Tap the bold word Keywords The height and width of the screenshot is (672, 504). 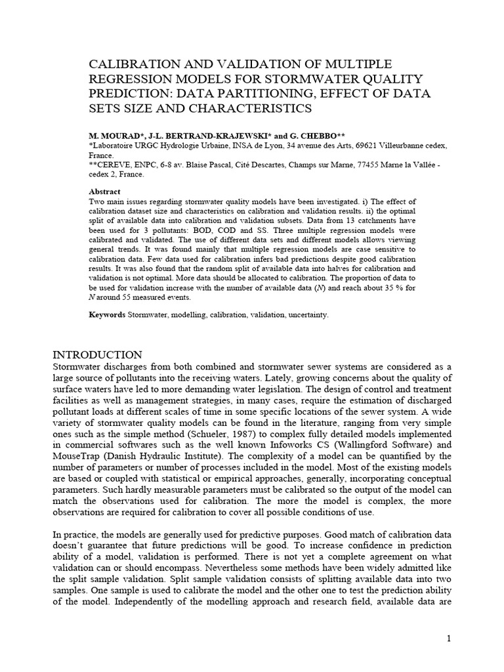point(107,315)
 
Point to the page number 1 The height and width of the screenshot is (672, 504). point(449,639)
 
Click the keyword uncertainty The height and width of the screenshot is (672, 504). point(306,315)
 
